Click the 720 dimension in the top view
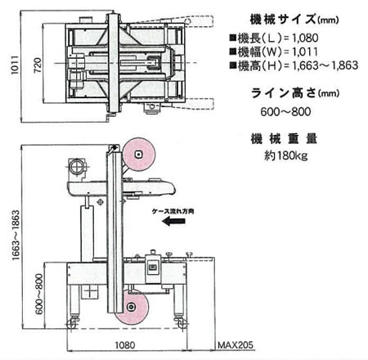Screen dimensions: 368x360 click(x=38, y=65)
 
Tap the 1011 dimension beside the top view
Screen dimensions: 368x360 click(x=15, y=65)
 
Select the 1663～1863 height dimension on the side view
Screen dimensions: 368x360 click(x=16, y=235)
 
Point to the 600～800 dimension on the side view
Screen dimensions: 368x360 click(x=39, y=294)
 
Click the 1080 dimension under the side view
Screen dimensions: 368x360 click(x=125, y=345)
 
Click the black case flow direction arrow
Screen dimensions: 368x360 click(x=173, y=221)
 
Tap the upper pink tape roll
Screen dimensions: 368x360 click(x=139, y=155)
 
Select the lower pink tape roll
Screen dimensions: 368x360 click(x=132, y=307)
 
